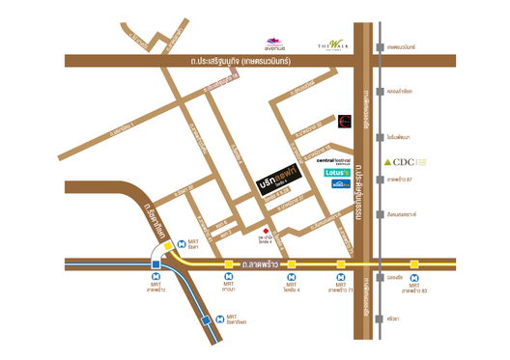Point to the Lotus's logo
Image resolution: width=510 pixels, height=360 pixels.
click(x=337, y=173)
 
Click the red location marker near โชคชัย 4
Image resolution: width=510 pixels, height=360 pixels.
click(x=267, y=231)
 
